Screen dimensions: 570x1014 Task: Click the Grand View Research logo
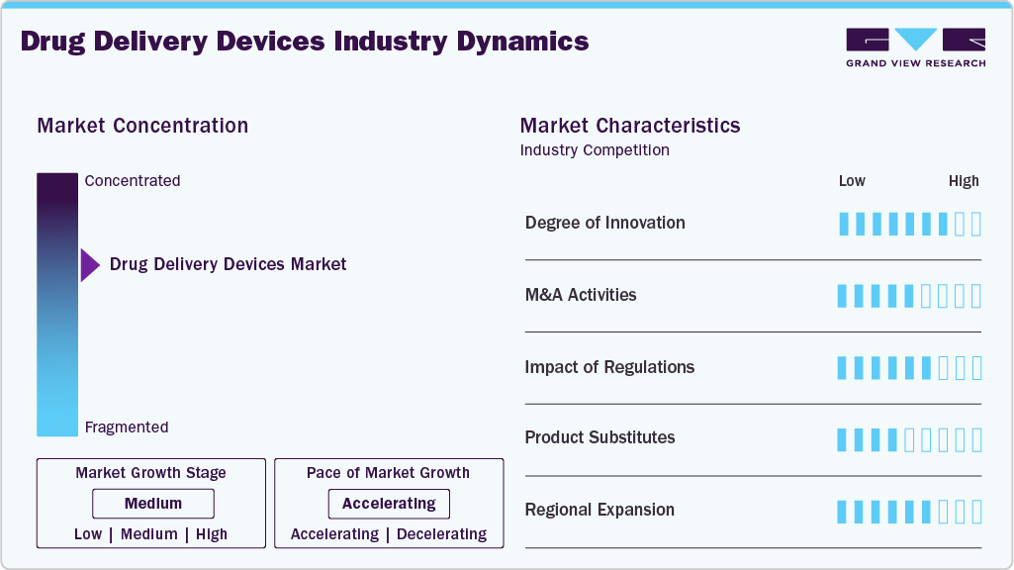coord(915,47)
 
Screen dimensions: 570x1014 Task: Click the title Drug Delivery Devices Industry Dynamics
coord(305,42)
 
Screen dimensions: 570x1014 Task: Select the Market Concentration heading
coord(142,126)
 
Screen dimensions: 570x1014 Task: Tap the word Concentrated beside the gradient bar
coord(133,181)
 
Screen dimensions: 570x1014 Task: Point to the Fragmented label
coord(127,427)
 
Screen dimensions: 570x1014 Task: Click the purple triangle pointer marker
coord(89,265)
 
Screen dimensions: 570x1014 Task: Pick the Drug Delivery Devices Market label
coord(229,264)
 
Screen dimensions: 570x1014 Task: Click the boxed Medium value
coord(152,504)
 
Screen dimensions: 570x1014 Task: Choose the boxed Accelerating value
coord(389,504)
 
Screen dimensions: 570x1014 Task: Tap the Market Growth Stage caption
coord(150,473)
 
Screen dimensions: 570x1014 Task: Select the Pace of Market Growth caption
coord(388,473)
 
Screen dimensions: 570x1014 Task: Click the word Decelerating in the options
coord(441,534)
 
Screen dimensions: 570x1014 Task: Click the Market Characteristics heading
coord(630,126)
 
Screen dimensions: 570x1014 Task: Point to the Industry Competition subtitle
coord(595,150)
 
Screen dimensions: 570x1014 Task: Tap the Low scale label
coord(852,181)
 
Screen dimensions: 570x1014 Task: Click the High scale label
coord(964,181)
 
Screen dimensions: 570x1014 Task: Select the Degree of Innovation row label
coord(605,223)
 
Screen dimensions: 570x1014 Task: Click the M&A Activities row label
coord(581,295)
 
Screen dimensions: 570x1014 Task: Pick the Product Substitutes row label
coord(599,437)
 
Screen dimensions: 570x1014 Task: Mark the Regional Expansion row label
coord(599,510)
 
